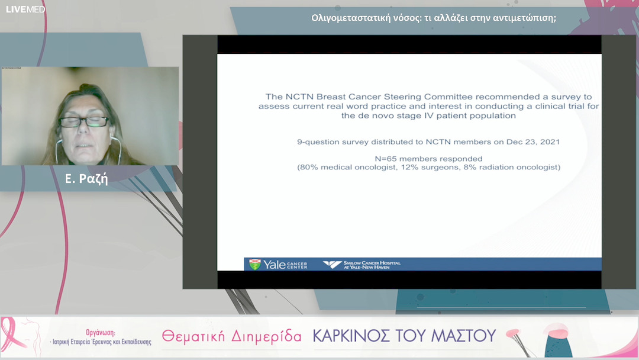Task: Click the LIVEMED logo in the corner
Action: [x=25, y=9]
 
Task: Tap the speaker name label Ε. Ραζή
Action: [x=86, y=179]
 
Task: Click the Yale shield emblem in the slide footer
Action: [x=254, y=264]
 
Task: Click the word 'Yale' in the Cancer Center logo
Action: [x=275, y=264]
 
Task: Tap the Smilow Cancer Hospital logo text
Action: [x=370, y=264]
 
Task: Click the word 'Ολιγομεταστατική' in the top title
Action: [x=350, y=18]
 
